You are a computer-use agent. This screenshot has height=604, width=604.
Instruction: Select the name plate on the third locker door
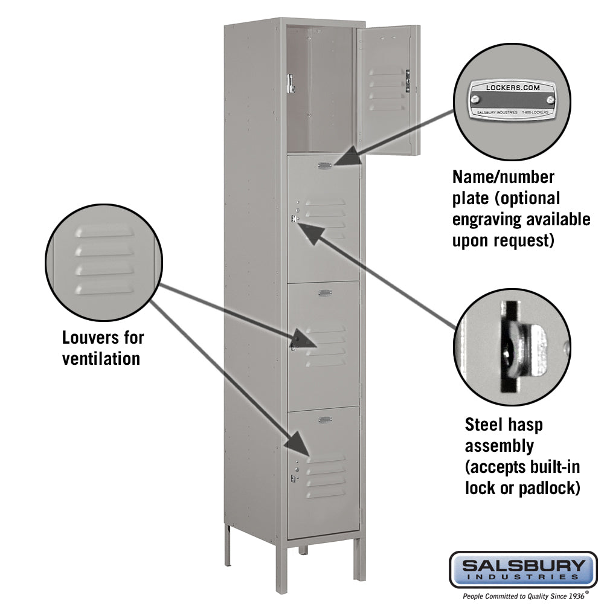click(325, 293)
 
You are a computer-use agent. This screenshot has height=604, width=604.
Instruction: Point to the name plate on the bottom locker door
click(325, 419)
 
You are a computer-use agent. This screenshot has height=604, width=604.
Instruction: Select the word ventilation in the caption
click(101, 358)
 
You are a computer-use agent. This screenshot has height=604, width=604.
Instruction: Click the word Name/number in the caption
click(503, 177)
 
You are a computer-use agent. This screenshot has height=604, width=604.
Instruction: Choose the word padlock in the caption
click(550, 487)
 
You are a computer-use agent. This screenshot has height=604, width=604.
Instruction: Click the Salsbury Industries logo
click(523, 569)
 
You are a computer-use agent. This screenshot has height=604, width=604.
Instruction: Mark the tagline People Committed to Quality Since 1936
click(523, 595)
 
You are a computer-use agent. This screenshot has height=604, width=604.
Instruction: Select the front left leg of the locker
click(281, 565)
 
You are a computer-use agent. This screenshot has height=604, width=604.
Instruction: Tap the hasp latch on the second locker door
click(294, 219)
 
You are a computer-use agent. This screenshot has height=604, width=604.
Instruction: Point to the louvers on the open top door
click(387, 91)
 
